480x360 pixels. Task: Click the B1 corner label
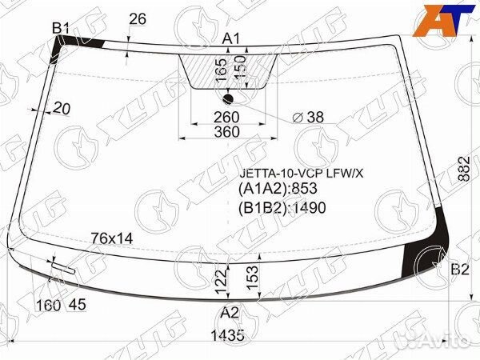click(x=61, y=28)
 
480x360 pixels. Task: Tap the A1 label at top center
click(x=231, y=39)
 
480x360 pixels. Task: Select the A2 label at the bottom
click(x=230, y=313)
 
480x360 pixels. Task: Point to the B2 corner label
click(x=460, y=270)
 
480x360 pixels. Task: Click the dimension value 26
click(x=138, y=19)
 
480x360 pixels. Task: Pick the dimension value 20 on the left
click(x=62, y=108)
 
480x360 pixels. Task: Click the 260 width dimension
click(x=226, y=118)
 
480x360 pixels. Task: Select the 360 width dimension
click(x=226, y=132)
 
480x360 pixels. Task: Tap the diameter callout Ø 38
click(x=308, y=117)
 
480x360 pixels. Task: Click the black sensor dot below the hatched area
click(x=228, y=99)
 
